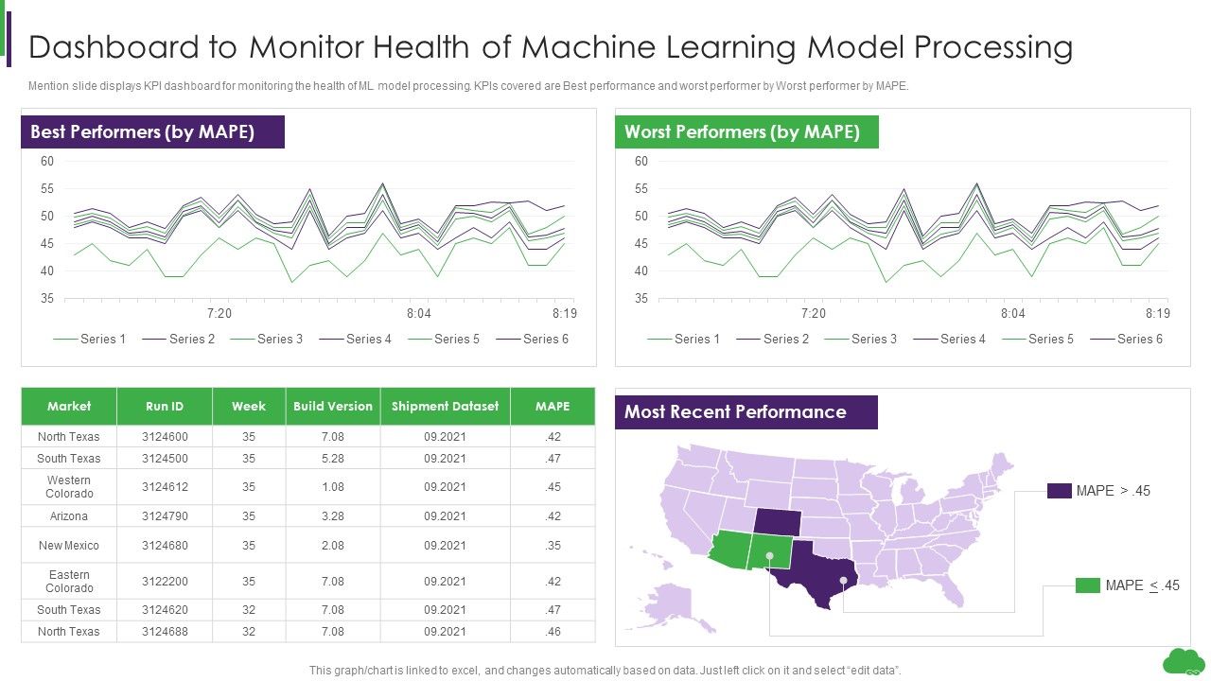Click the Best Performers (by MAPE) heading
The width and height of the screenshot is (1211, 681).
pyautogui.click(x=143, y=132)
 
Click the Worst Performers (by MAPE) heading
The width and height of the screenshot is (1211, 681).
pyautogui.click(x=742, y=132)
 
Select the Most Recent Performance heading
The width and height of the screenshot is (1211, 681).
pyautogui.click(x=735, y=412)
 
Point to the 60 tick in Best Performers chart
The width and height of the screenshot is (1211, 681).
pyautogui.click(x=47, y=162)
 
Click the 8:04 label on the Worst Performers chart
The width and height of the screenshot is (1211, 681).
pyautogui.click(x=1012, y=313)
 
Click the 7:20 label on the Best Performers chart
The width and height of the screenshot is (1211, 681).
pyautogui.click(x=219, y=313)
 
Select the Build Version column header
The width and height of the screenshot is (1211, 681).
pyautogui.click(x=332, y=406)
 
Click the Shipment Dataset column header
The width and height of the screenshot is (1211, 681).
pyautogui.click(x=445, y=406)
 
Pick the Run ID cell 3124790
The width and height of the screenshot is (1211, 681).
pyautogui.click(x=165, y=516)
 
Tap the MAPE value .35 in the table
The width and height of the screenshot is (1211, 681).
pyautogui.click(x=553, y=546)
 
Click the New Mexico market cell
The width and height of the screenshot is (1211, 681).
pyautogui.click(x=69, y=546)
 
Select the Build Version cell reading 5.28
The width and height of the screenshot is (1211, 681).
pyautogui.click(x=332, y=459)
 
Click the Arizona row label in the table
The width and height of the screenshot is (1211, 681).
pyautogui.click(x=69, y=516)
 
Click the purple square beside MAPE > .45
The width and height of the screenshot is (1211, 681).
pyautogui.click(x=1059, y=491)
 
